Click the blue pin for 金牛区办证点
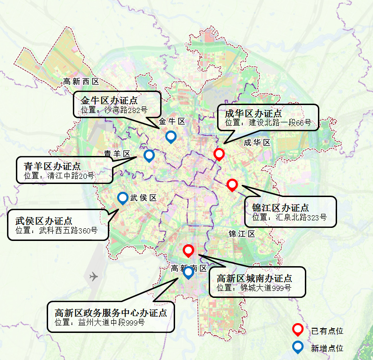171,137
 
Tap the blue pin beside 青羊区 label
149,155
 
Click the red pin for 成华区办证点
219,154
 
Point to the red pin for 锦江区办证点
232,184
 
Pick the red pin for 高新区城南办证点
188,251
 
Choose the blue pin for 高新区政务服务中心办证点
188,272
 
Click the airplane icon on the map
93,276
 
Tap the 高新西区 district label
81,81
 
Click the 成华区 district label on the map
257,143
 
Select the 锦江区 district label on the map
242,233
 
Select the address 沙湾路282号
125,110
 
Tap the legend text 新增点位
327,348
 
